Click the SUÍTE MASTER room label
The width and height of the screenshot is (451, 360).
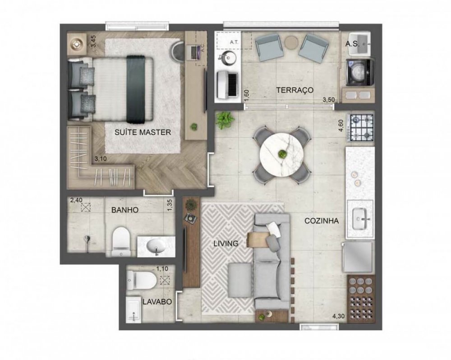[x=142, y=132]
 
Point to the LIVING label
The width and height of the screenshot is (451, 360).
[x=225, y=244]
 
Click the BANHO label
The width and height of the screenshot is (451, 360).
[x=124, y=210]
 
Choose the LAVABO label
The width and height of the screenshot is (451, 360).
[x=156, y=302]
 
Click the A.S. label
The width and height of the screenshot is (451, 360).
[x=351, y=44]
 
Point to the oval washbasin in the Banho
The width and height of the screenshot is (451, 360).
[x=156, y=246]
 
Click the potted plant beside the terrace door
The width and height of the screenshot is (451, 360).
[x=225, y=120]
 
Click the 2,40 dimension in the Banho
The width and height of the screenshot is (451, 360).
[x=75, y=200]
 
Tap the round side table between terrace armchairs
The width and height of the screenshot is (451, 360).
[x=291, y=42]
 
